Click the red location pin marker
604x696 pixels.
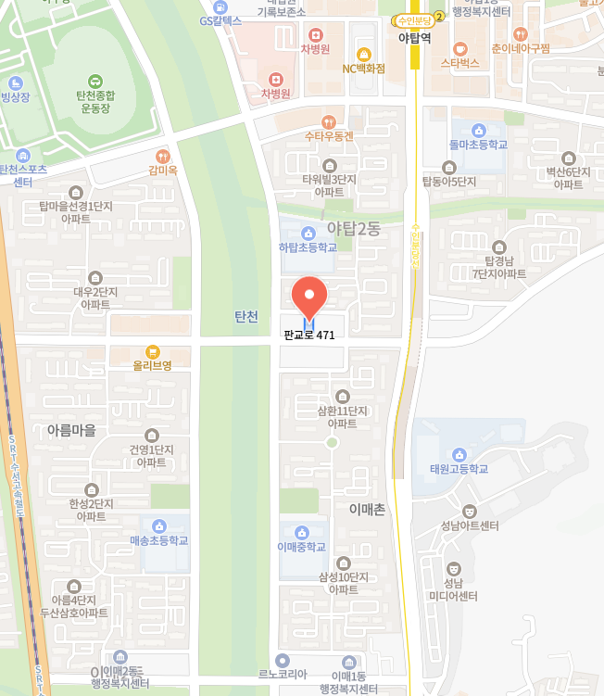309,297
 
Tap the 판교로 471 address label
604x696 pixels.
309,335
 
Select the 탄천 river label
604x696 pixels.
246,316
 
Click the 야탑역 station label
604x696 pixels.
414,39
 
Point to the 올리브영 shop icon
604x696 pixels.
152,351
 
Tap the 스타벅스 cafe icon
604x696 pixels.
459,48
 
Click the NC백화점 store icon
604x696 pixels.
363,54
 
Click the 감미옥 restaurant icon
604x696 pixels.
163,157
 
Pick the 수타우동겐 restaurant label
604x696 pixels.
329,136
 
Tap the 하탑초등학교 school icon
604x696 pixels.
308,232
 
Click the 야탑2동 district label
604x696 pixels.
354,229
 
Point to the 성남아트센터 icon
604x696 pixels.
470,511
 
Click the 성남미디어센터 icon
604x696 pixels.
454,567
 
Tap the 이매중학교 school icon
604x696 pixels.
301,532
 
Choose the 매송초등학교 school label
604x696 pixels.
159,540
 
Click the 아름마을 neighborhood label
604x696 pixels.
71,429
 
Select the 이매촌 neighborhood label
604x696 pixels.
367,509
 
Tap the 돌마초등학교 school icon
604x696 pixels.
478,131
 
